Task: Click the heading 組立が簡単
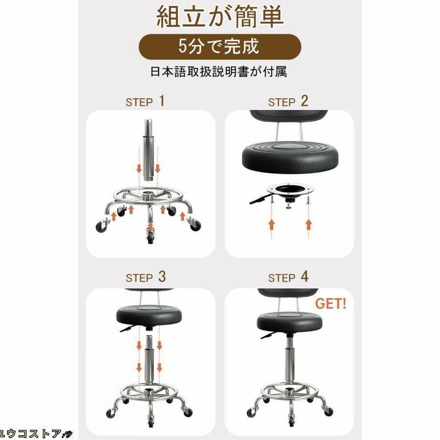click(x=220, y=17)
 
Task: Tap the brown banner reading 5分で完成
click(x=220, y=46)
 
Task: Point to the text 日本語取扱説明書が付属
click(x=219, y=71)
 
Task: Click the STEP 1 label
click(x=145, y=101)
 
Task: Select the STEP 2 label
click(x=288, y=101)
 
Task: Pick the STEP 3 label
click(x=146, y=277)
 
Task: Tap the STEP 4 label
click(x=288, y=277)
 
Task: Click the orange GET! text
click(x=330, y=304)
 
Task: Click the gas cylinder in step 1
click(x=148, y=150)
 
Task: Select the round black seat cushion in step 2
click(x=290, y=157)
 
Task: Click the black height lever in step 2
click(x=259, y=200)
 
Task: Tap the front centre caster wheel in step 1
click(x=151, y=237)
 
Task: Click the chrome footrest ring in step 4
click(x=289, y=390)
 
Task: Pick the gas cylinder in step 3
click(x=149, y=359)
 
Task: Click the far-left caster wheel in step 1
click(x=101, y=227)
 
